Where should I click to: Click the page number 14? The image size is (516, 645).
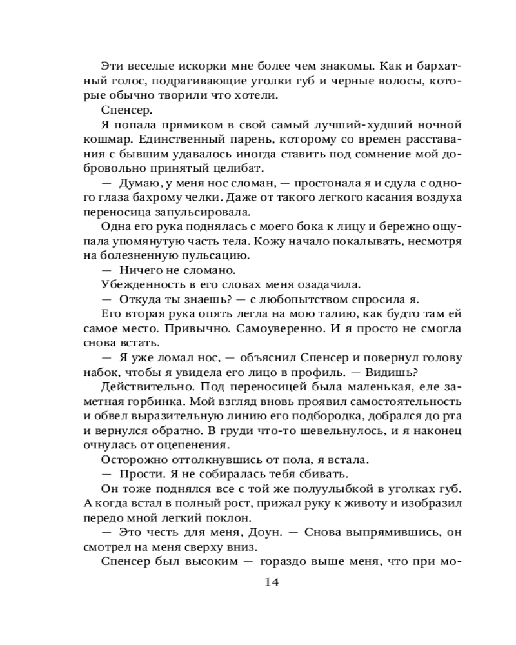point(271,582)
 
